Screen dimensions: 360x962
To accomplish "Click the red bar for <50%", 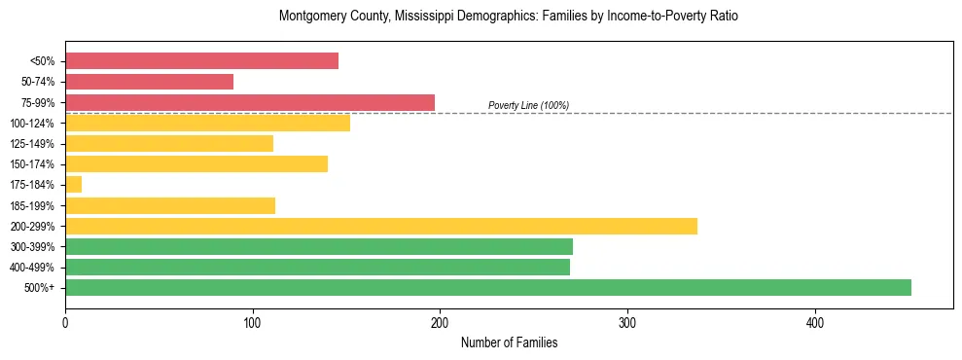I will tap(201, 61).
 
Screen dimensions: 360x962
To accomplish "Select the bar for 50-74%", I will tap(149, 82).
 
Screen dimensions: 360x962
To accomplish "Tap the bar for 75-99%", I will tap(250, 102).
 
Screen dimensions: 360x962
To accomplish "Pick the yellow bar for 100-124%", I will tap(207, 123).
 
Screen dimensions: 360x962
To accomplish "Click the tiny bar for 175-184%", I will tap(73, 185).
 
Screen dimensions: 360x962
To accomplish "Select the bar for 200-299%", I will tap(381, 226).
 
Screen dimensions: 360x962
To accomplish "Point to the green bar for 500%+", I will tap(488, 287).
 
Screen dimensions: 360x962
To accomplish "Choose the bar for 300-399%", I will tap(319, 246).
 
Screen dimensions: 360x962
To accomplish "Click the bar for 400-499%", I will tap(317, 267).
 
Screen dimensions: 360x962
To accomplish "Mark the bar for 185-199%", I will tap(170, 205).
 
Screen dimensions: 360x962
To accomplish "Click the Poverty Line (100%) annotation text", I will tap(528, 105).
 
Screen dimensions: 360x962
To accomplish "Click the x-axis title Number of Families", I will tap(509, 342).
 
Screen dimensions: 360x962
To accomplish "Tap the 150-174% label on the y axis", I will tap(33, 164).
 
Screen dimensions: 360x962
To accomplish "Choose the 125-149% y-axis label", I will tap(33, 144).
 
